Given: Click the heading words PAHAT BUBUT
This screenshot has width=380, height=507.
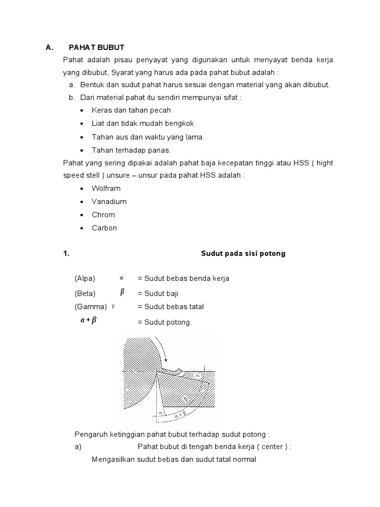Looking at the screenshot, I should [96, 48].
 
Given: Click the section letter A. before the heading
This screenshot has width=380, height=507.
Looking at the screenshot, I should [49, 48].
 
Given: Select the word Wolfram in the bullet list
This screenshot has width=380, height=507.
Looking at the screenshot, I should [106, 189].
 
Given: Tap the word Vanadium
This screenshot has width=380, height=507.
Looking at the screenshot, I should [109, 202].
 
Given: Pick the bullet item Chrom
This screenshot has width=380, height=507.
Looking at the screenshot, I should [103, 215].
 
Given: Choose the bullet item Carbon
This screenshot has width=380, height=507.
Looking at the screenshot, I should [104, 228].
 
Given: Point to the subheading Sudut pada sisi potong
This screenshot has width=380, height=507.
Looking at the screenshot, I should [243, 253].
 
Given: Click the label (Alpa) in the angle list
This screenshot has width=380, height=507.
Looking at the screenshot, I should [85, 278].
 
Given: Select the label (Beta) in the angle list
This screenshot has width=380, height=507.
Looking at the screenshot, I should [85, 293].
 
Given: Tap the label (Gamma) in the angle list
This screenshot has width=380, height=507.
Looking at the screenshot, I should [91, 306].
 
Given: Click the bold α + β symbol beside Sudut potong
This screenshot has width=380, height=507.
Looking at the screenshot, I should [89, 320].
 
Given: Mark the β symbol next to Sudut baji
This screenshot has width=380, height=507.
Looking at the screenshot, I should [122, 292].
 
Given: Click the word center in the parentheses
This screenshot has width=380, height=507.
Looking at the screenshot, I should [268, 447].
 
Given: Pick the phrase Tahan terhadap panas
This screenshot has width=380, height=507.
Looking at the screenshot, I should [131, 150].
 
